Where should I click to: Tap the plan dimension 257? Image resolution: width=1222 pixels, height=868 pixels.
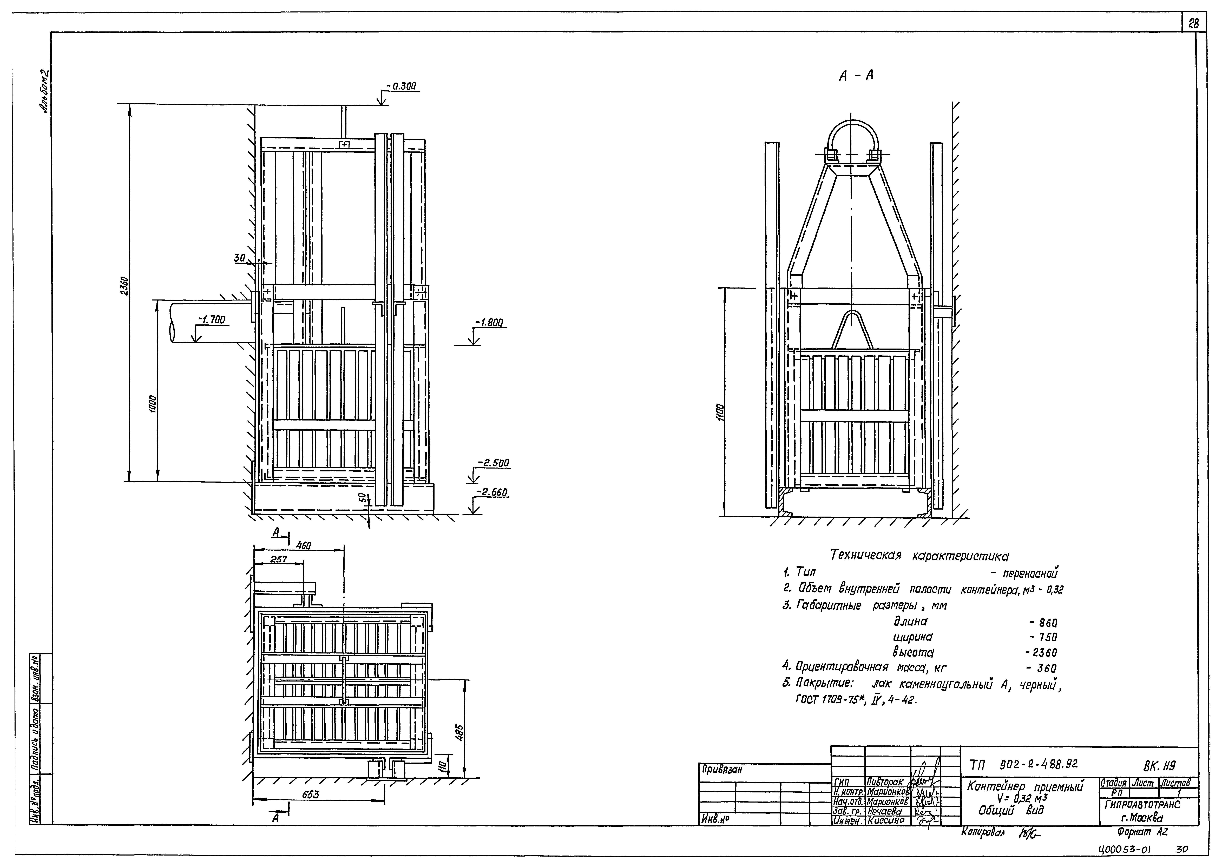click(x=279, y=560)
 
